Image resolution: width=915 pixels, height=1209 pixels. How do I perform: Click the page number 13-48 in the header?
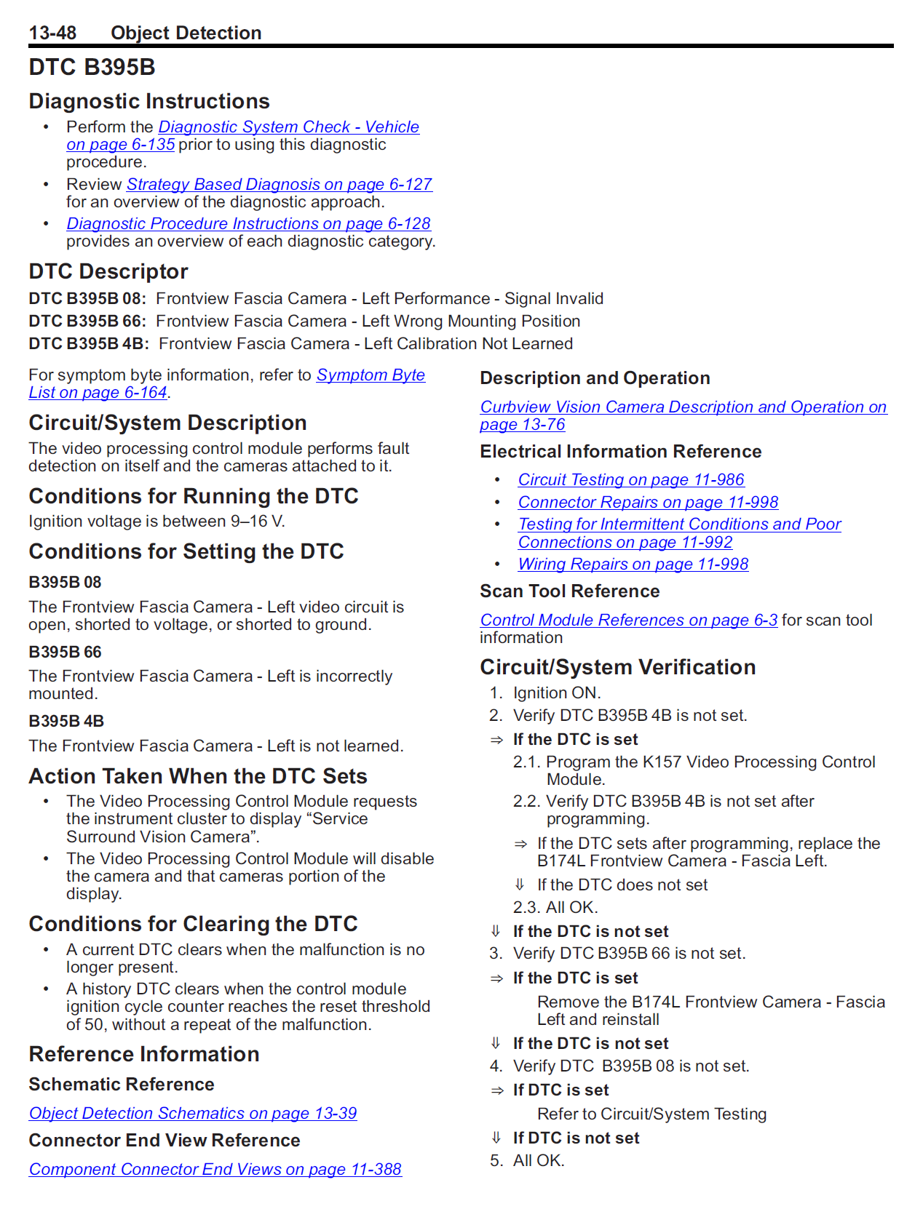click(x=52, y=33)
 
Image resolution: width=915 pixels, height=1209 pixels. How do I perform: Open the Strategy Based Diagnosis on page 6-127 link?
click(x=279, y=185)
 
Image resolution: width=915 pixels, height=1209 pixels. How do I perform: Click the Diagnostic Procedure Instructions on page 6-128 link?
click(x=248, y=224)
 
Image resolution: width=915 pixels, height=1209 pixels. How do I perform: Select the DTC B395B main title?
click(x=92, y=67)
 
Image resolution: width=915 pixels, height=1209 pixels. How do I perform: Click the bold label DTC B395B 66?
click(x=87, y=322)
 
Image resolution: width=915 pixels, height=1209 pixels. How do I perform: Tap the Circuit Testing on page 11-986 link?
click(x=630, y=480)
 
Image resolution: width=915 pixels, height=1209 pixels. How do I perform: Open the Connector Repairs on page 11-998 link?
click(x=648, y=503)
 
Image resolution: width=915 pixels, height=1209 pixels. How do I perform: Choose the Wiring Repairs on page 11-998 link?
click(x=633, y=564)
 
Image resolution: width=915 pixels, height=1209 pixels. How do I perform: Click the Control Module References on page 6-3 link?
click(x=628, y=621)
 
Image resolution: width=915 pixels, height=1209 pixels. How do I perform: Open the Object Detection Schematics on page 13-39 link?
click(x=193, y=1114)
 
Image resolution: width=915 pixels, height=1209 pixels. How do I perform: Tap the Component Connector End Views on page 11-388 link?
click(x=215, y=1170)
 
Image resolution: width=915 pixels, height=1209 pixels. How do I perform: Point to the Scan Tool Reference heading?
click(x=569, y=591)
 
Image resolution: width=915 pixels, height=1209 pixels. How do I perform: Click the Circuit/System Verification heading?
click(x=617, y=667)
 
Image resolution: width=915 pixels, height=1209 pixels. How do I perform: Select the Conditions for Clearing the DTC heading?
click(x=193, y=924)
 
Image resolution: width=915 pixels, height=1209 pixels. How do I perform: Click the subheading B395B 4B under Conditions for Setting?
click(x=66, y=722)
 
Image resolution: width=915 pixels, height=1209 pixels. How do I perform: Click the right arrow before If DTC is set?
click(x=497, y=1090)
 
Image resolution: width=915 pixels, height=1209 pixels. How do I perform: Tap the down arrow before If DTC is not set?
click(x=496, y=1138)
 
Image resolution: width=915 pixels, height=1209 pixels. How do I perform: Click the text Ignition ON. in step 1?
click(x=557, y=693)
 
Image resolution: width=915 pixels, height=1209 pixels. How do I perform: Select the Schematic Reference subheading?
click(x=122, y=1085)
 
